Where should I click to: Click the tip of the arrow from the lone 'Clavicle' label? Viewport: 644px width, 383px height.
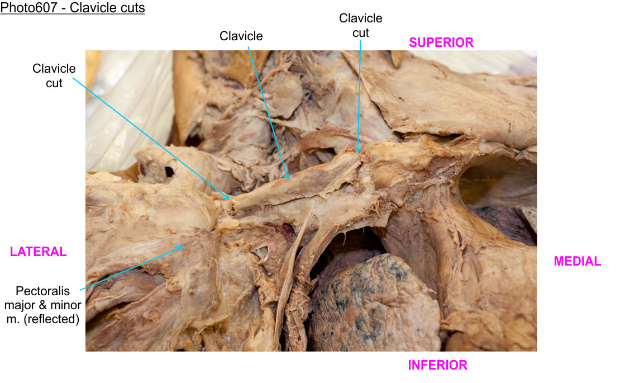click(x=288, y=179)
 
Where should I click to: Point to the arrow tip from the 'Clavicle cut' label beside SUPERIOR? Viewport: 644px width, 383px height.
click(x=357, y=153)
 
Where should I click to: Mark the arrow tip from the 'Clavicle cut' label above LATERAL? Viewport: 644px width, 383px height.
click(x=229, y=199)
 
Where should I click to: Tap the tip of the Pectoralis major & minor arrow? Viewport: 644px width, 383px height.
click(x=182, y=247)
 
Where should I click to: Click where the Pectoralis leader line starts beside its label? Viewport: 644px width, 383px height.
click(x=80, y=290)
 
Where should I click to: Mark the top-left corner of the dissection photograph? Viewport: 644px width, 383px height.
click(x=85, y=50)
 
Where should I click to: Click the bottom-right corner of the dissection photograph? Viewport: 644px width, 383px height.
click(x=536, y=351)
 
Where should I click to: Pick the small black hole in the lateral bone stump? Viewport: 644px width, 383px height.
click(x=169, y=171)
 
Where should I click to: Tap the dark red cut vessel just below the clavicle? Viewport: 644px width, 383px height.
click(x=288, y=230)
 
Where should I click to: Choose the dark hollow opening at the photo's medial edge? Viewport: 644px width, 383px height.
click(x=498, y=181)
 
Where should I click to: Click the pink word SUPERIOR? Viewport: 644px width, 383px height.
click(x=441, y=42)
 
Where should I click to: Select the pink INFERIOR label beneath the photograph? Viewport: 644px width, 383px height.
click(x=437, y=365)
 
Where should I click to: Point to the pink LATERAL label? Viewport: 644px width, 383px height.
click(x=38, y=252)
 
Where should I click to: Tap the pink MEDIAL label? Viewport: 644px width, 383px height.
click(x=577, y=261)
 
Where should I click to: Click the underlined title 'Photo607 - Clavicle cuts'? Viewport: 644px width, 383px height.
click(x=72, y=8)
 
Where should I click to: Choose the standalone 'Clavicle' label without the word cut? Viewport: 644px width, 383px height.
click(x=241, y=36)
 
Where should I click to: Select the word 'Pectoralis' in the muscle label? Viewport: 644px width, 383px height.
click(x=42, y=291)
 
